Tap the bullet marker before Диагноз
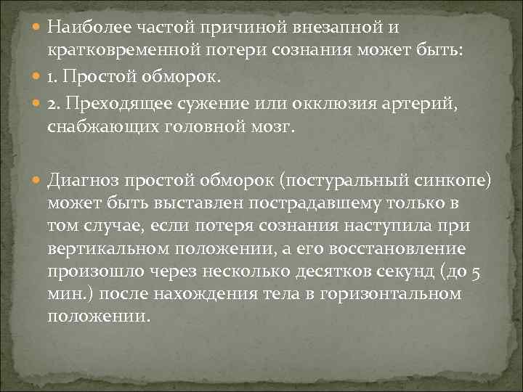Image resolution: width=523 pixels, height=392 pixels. [x=37, y=179]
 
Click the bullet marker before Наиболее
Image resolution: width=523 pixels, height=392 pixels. [x=37, y=28]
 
